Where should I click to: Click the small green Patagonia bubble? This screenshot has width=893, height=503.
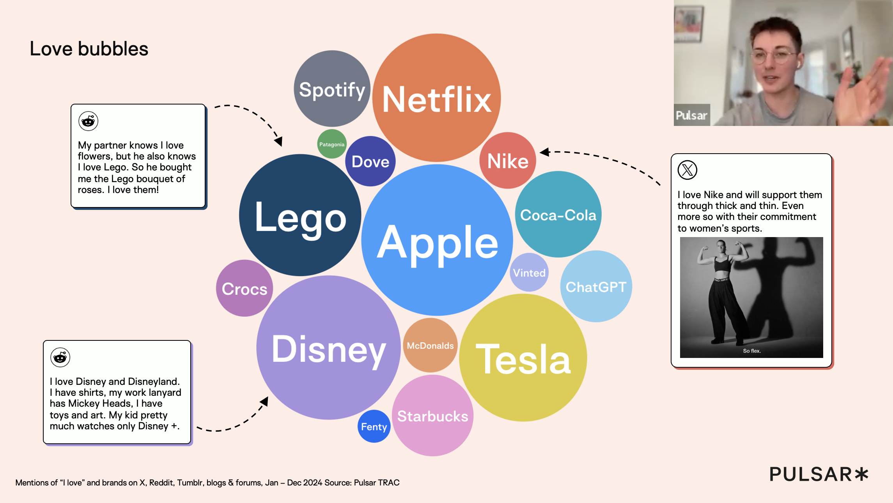click(x=332, y=144)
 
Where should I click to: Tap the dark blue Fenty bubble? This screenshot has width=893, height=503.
click(x=374, y=426)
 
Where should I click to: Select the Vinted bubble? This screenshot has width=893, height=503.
click(x=529, y=272)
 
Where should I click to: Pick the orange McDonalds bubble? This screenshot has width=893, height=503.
click(x=430, y=345)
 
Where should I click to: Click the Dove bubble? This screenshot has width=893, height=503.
click(x=370, y=161)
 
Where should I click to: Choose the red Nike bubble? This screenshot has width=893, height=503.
click(x=508, y=160)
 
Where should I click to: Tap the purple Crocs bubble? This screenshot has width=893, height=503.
click(x=245, y=288)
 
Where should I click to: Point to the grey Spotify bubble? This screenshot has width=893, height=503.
click(x=332, y=89)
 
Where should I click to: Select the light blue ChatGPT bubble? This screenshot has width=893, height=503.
click(x=596, y=286)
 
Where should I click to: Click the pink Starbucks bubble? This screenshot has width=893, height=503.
click(x=432, y=416)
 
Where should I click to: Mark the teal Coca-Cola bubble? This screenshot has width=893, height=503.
click(x=558, y=214)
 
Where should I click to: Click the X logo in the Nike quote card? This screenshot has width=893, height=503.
click(x=687, y=170)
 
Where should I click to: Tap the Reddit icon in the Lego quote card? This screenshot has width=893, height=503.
click(x=89, y=121)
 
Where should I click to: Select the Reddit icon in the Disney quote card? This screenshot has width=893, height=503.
click(x=60, y=357)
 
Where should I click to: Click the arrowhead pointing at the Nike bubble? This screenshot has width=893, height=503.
click(x=545, y=152)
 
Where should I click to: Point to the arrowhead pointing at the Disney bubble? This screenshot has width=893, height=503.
click(x=264, y=401)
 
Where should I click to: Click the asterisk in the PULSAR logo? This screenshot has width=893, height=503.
click(x=861, y=474)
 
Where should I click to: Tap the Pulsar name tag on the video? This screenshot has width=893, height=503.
click(x=692, y=115)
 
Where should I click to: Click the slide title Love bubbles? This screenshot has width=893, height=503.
click(x=89, y=49)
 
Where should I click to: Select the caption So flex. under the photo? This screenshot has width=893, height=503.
click(x=752, y=351)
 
